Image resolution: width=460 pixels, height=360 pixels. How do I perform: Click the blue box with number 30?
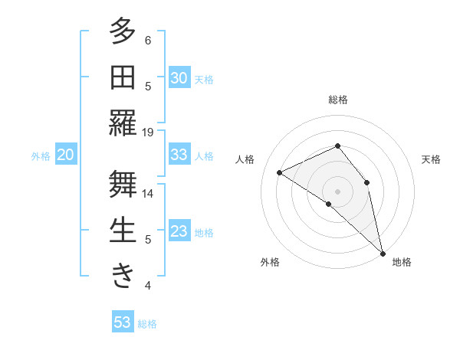point(179,78)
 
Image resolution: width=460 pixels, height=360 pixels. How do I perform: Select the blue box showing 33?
point(179,155)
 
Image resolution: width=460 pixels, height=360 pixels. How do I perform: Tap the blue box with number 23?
point(179,231)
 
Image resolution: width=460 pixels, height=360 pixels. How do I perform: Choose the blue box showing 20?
point(65,155)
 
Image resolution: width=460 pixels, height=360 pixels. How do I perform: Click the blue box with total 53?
point(122,322)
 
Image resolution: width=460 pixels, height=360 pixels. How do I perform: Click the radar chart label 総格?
point(337,100)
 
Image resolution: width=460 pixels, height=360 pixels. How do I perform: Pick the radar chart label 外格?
point(270,262)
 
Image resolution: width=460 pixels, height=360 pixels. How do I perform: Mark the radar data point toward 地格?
point(382,252)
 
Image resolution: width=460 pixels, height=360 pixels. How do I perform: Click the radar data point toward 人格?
point(280,172)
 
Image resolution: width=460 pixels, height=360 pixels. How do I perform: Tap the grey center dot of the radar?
point(337,191)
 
